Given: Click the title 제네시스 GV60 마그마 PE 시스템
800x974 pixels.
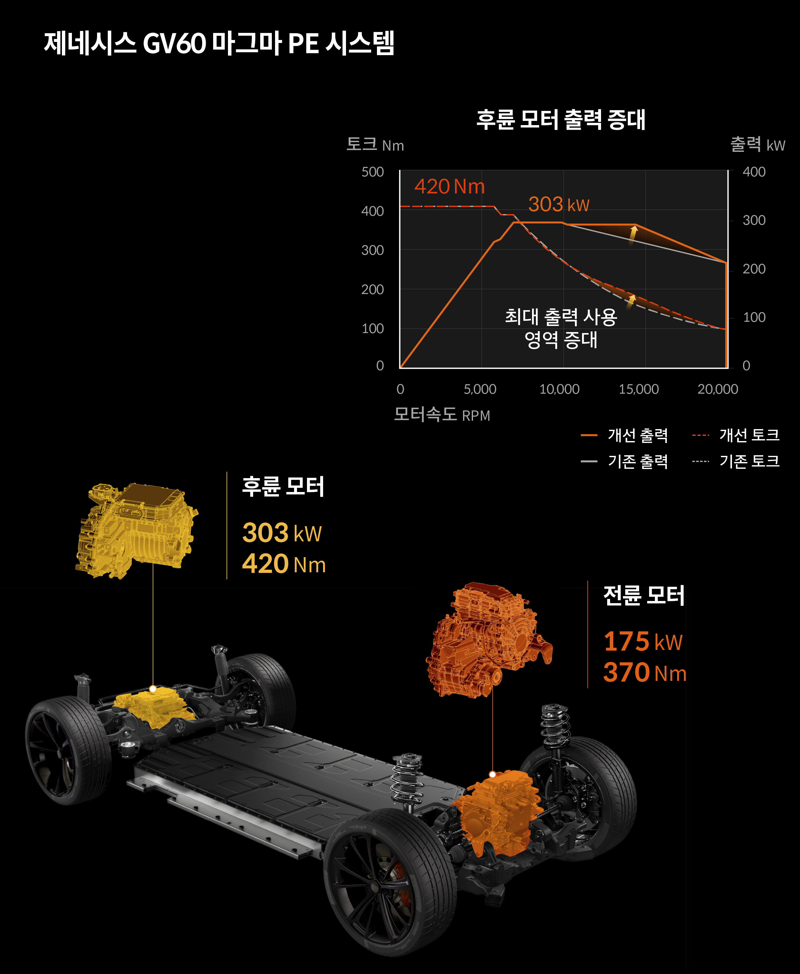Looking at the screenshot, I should click(x=219, y=44).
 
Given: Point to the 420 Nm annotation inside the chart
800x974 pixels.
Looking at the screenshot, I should click(x=449, y=187).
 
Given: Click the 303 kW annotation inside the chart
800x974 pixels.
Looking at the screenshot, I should click(x=558, y=204).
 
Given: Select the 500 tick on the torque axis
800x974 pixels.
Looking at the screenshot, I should click(x=372, y=172).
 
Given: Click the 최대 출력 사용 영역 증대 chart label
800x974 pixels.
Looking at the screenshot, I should click(x=561, y=328).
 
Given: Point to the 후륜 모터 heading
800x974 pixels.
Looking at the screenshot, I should click(x=283, y=487).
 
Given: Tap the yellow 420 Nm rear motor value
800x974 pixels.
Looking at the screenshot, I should click(x=284, y=564).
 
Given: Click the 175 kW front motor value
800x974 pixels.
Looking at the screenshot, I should click(x=643, y=641).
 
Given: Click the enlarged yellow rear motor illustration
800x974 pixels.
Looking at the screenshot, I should click(x=136, y=530).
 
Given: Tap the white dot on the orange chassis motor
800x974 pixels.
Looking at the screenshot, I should click(x=492, y=774).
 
